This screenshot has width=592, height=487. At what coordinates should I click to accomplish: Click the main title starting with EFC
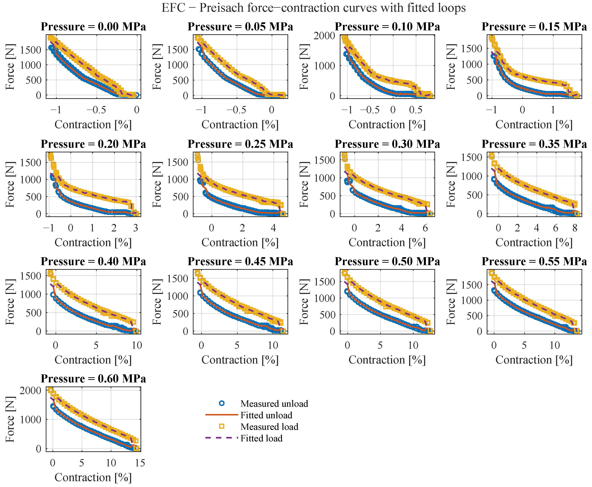point(314,8)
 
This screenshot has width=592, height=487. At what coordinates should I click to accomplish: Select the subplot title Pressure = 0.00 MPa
point(93,27)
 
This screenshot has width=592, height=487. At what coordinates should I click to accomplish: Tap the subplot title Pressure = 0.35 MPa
point(534,144)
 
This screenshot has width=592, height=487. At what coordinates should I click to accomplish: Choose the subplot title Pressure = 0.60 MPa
point(93,379)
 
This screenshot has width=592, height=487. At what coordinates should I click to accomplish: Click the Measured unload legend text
point(274,404)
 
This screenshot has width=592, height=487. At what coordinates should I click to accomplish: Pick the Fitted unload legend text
point(266,415)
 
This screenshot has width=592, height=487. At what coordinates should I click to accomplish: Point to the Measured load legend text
point(269,427)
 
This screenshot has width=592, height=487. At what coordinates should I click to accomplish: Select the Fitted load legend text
point(261,438)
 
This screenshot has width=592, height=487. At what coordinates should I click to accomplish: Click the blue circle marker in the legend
point(222,403)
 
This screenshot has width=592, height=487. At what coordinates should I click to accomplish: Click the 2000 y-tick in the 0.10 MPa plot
point(324,36)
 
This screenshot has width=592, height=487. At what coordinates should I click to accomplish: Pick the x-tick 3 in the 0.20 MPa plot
point(135,228)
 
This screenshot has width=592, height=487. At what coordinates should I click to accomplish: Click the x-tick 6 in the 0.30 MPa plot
point(425,228)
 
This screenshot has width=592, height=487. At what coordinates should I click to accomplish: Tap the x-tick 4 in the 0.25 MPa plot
point(273,228)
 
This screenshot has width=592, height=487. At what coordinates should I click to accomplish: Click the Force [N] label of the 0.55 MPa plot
point(451,302)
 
